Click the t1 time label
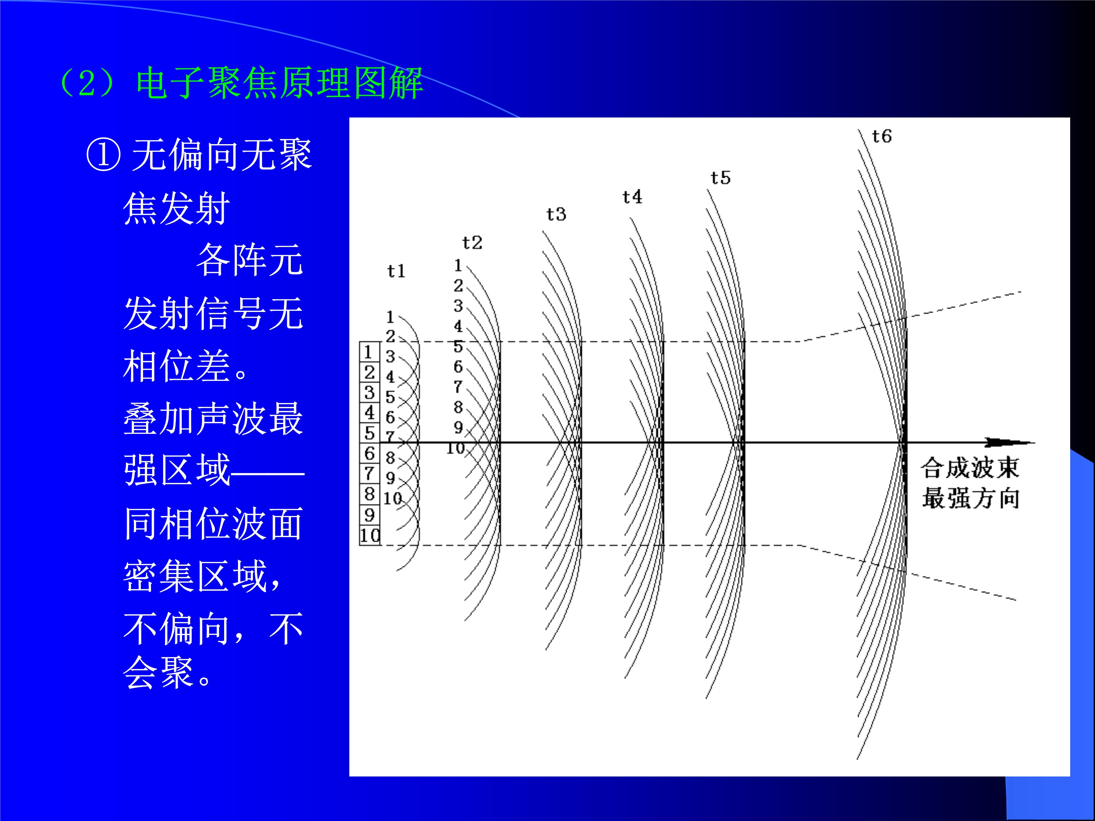point(396,271)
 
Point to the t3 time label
point(556,214)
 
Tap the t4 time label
point(632,197)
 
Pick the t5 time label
point(720,178)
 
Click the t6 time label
point(881,136)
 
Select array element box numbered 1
point(369,352)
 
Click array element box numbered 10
point(369,535)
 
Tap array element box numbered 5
point(369,433)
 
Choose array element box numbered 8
point(369,494)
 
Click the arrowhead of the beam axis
point(1015,442)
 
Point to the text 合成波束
point(970,468)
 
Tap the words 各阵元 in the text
point(250,260)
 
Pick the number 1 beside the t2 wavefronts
point(458,265)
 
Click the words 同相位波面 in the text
point(214,523)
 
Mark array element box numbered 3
point(369,392)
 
